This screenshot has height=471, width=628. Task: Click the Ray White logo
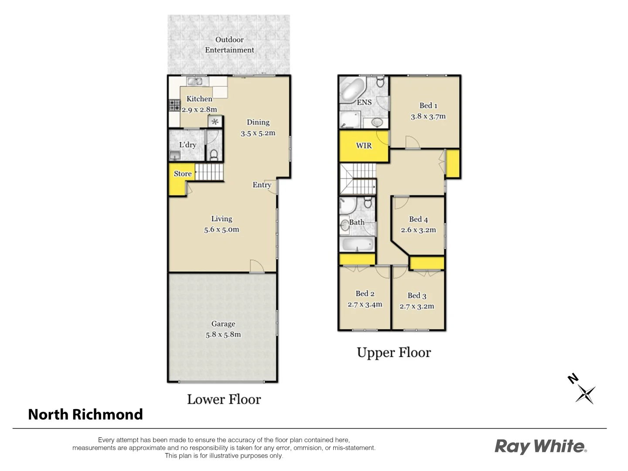[540, 447]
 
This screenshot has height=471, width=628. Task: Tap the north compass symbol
[584, 390]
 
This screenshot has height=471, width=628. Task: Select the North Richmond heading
[85, 414]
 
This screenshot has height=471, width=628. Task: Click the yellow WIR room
[364, 146]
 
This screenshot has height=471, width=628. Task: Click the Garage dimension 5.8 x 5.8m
[223, 335]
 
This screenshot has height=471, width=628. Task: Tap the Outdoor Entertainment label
[229, 45]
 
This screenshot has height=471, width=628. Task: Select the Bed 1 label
[428, 106]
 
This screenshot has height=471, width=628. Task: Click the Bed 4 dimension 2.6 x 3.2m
[418, 230]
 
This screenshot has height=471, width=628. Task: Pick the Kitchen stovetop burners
[174, 105]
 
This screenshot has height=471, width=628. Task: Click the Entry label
[262, 185]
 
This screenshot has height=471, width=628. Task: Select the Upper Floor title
[394, 352]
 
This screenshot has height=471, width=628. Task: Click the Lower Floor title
[224, 399]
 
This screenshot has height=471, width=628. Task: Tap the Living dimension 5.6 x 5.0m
[222, 230]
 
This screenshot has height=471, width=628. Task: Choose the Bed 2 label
[365, 294]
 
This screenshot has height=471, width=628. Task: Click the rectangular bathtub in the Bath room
[357, 244]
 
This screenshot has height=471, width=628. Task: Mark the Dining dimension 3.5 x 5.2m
[258, 133]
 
